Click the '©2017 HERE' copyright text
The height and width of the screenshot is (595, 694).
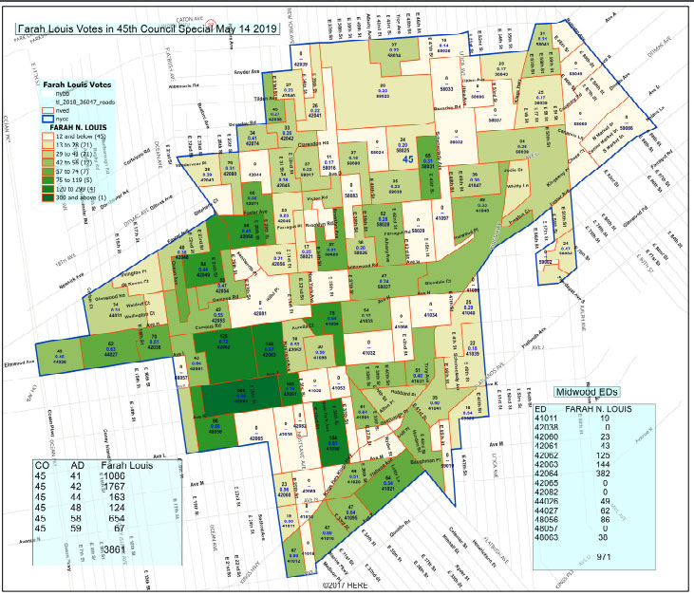[x=347, y=586]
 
